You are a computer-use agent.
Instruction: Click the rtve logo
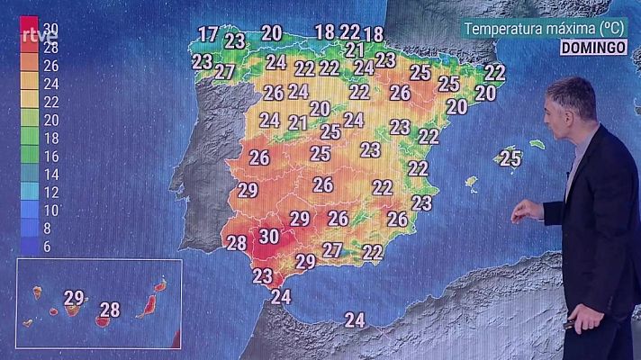[38, 36]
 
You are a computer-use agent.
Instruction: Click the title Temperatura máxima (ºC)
[547, 28]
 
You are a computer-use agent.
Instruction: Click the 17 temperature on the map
[208, 35]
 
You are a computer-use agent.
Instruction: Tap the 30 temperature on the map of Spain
[268, 237]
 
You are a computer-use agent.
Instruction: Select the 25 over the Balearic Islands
[510, 158]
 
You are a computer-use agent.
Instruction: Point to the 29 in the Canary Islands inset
[74, 298]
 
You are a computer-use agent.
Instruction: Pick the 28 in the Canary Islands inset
[110, 310]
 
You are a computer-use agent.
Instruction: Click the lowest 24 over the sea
[355, 319]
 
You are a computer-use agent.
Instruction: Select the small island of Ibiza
[471, 182]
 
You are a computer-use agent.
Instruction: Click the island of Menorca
[537, 144]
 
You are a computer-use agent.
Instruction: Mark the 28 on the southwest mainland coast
[237, 242]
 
